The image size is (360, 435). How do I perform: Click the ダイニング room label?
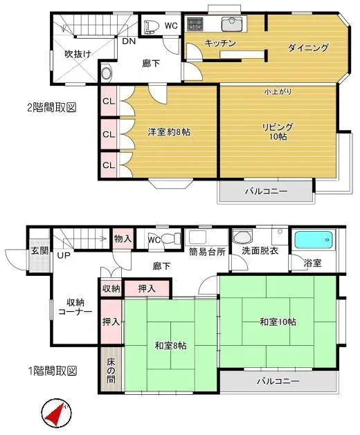(x=307, y=48)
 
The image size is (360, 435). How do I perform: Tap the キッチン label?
(x=220, y=43)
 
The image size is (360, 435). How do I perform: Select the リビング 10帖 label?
(x=277, y=131)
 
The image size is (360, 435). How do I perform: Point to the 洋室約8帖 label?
(x=168, y=131)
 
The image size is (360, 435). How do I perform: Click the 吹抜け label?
(x=78, y=54)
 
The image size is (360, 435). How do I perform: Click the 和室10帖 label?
(x=278, y=322)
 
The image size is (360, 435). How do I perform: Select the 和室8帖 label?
(x=170, y=346)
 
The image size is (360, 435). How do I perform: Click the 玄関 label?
(x=39, y=250)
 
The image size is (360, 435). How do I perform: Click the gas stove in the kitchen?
(x=194, y=24)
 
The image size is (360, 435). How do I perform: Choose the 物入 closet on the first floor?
(x=122, y=239)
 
